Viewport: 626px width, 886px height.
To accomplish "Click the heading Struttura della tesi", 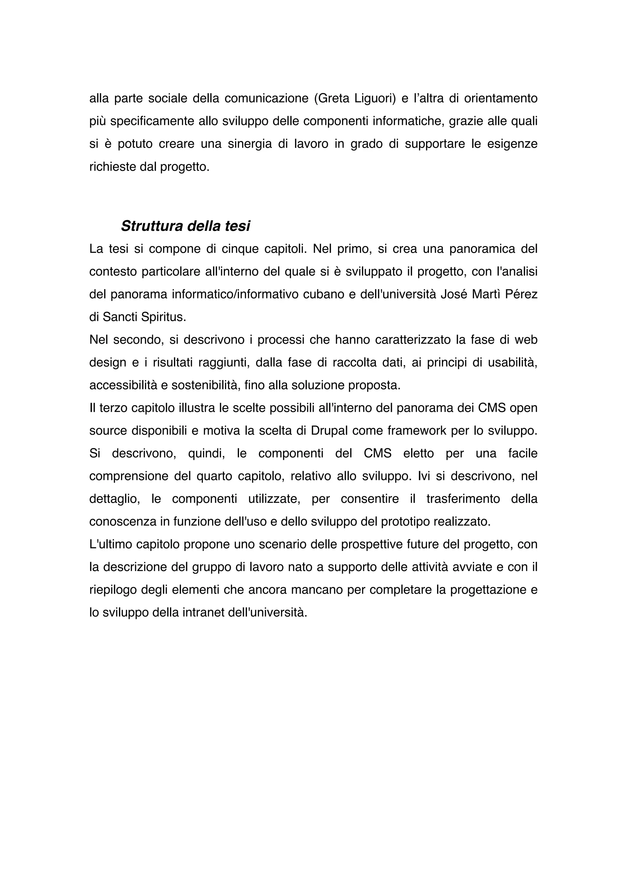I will (186, 226).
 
